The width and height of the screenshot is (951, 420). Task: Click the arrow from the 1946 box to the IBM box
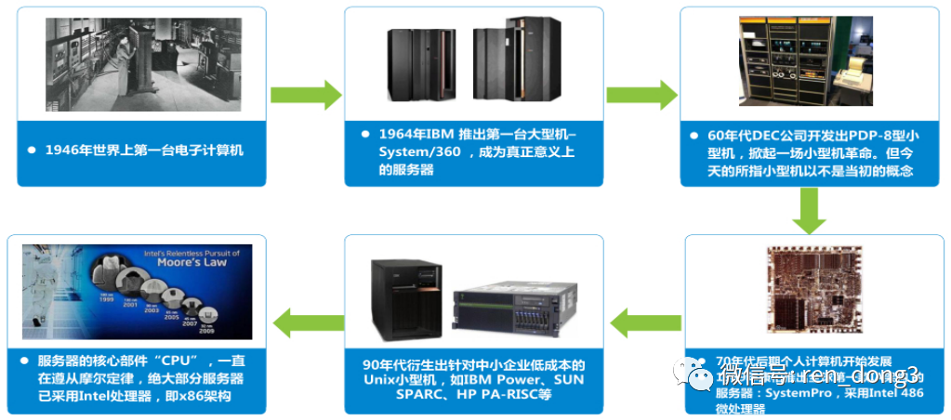pos(306,95)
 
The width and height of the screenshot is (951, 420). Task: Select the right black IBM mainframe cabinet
pos(506,63)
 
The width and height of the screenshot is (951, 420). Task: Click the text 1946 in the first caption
pos(61,150)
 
